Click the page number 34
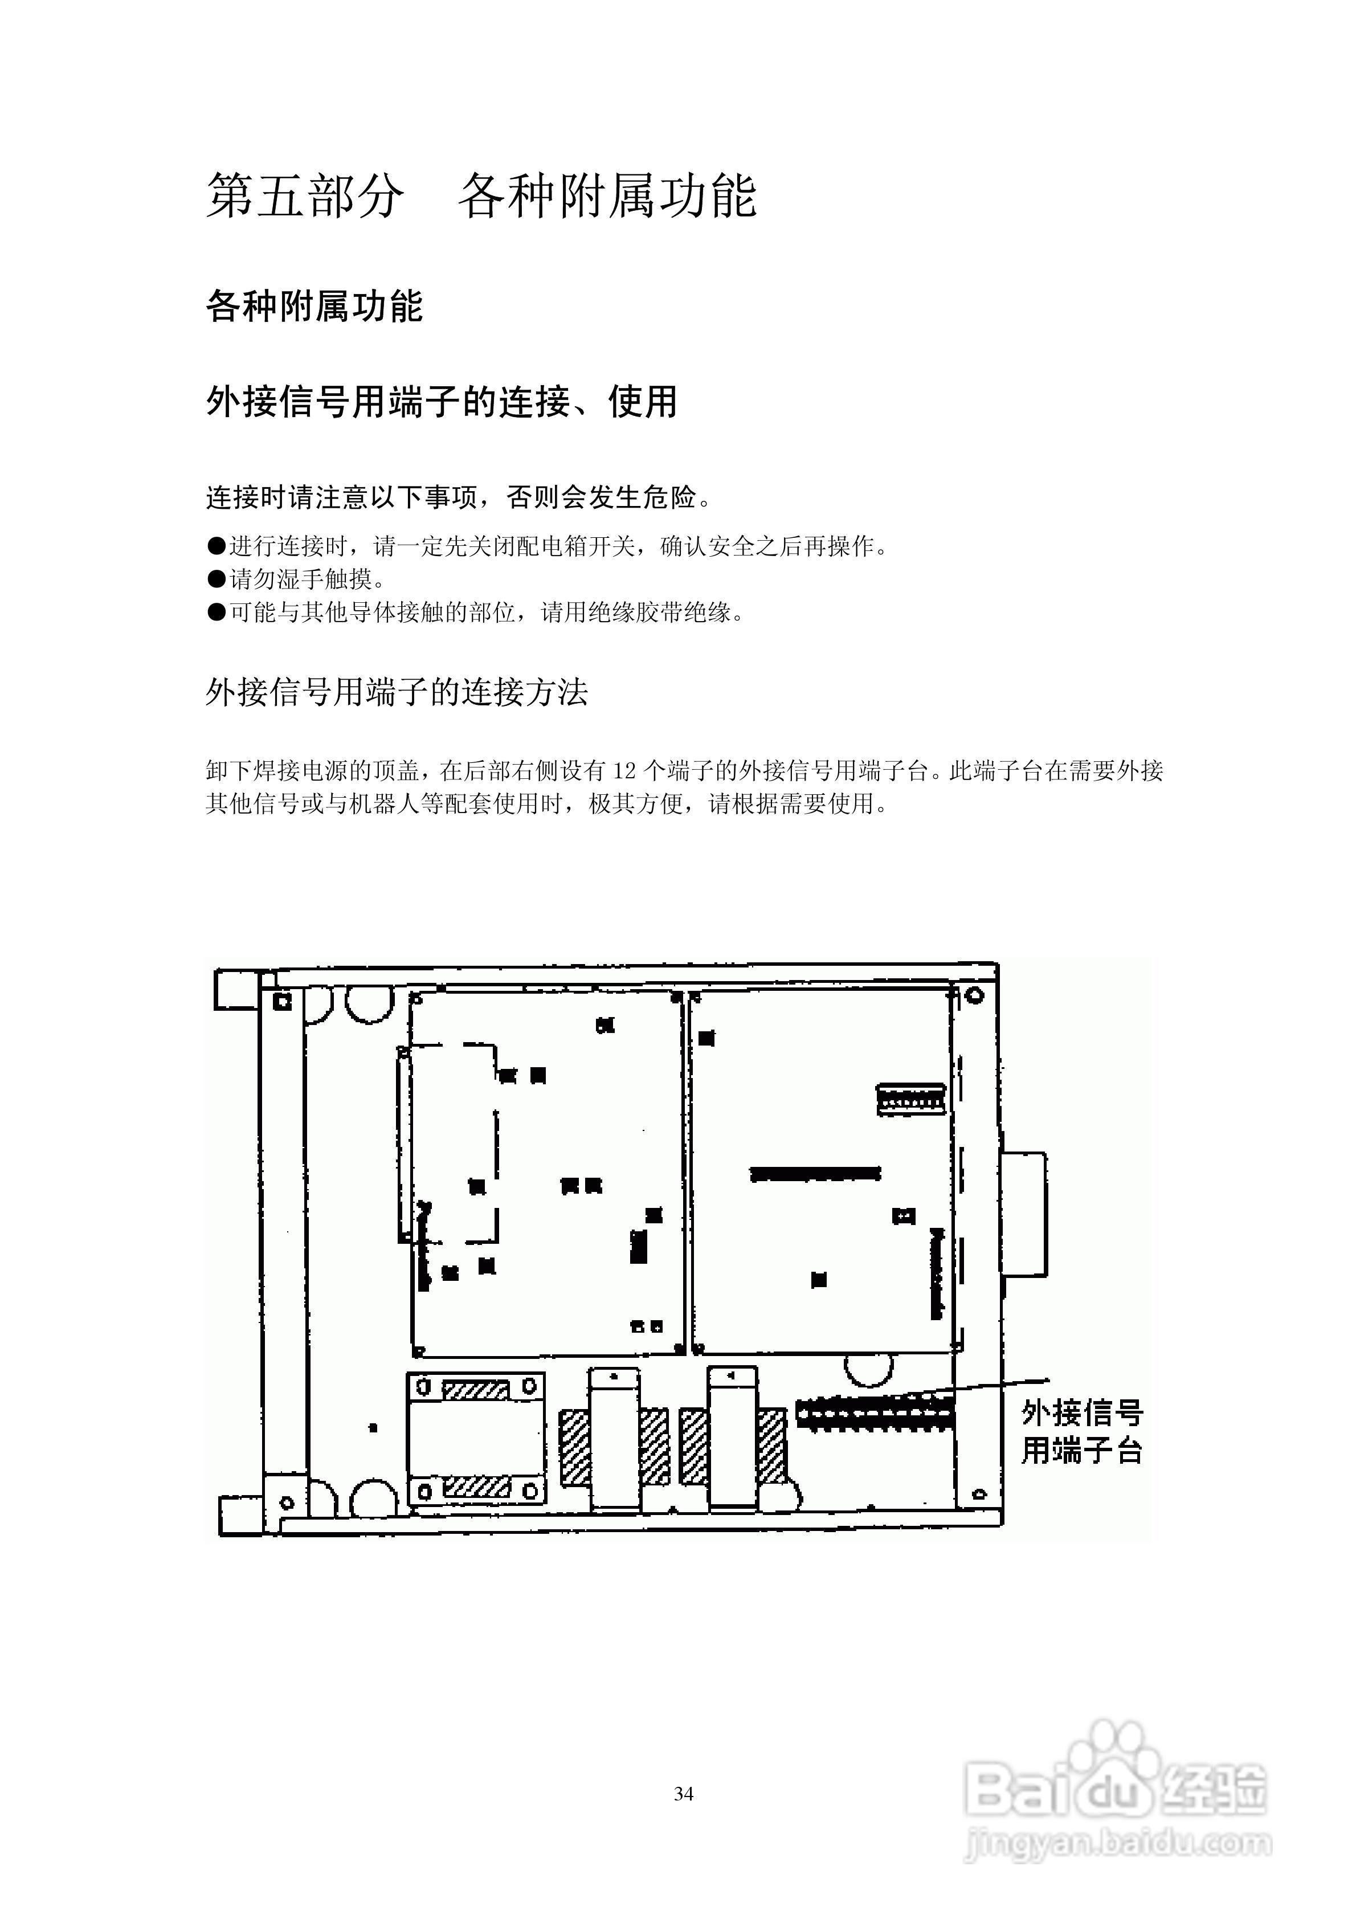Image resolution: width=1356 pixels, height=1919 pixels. coord(683,1794)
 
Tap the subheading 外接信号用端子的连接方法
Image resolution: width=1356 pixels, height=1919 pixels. coord(397,691)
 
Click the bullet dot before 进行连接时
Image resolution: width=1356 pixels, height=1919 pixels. coord(217,546)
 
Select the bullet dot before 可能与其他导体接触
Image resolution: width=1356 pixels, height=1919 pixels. coord(217,613)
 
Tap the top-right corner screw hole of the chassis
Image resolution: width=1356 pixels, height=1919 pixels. coord(974,997)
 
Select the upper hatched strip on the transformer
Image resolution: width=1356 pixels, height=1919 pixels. coord(475,1389)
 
